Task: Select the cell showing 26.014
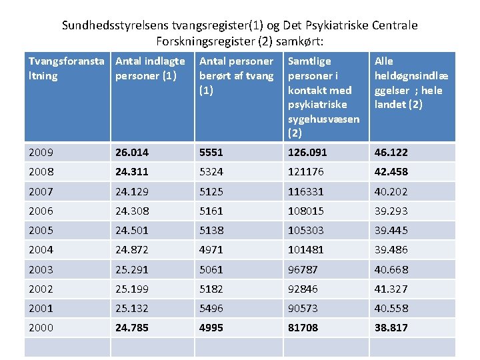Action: click(132, 152)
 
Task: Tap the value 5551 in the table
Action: click(211, 152)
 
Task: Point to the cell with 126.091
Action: click(308, 152)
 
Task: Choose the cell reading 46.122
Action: click(391, 152)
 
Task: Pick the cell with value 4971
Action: click(211, 249)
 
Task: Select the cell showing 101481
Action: click(306, 249)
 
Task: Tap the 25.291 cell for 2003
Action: click(132, 269)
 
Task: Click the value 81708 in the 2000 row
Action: click(303, 327)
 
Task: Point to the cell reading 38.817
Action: click(391, 327)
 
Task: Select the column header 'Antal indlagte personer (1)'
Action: click(150, 68)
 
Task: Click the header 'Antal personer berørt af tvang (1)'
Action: click(236, 75)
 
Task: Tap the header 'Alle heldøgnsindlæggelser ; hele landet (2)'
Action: click(411, 82)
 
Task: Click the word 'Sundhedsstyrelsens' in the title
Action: click(113, 25)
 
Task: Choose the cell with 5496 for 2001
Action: click(211, 308)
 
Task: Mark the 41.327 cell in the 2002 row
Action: click(391, 289)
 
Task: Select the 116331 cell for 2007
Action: click(306, 191)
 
